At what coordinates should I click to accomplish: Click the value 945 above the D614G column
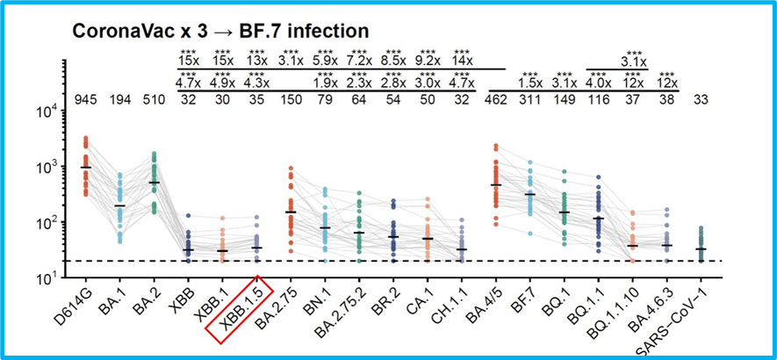pos(85,97)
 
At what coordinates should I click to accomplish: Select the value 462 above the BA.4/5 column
pos(496,97)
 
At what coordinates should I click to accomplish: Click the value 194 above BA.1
pos(120,97)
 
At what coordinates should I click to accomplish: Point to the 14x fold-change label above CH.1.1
pos(462,61)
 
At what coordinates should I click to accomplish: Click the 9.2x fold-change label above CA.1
pos(428,61)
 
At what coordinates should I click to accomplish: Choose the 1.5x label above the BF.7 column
pos(530,83)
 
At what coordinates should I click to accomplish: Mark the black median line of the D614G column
pos(85,167)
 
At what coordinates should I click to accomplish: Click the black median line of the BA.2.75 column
pos(291,212)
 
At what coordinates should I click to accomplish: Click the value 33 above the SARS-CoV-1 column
pos(701,97)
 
